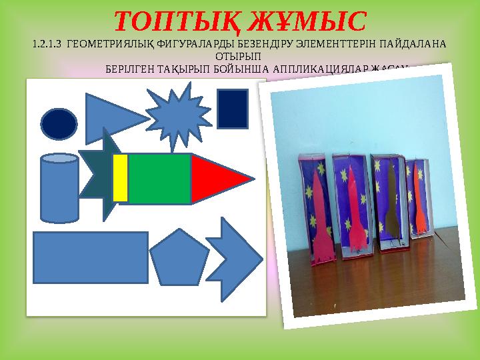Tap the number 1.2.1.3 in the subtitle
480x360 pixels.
tap(49, 45)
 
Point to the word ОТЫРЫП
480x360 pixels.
tap(239, 57)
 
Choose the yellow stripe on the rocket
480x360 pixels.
tap(121, 178)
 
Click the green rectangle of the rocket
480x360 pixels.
tap(159, 178)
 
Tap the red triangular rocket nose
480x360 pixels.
tap(217, 178)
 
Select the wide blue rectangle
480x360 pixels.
tap(91, 257)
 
